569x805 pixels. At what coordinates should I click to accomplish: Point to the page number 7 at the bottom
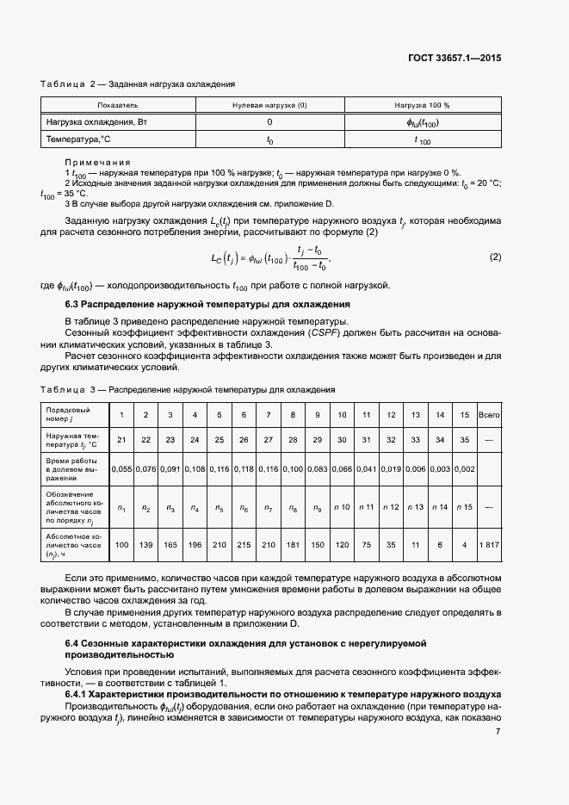tap(498, 731)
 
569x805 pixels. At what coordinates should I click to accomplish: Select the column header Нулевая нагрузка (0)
tap(269, 105)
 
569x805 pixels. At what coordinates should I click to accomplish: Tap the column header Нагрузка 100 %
tap(422, 105)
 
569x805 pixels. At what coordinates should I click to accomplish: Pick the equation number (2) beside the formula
tap(494, 257)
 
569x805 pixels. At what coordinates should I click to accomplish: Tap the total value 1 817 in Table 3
tap(489, 544)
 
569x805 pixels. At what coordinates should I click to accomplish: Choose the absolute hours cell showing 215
tap(244, 544)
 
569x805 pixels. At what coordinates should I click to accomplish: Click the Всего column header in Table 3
tap(489, 415)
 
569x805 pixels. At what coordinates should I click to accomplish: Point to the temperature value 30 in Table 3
tap(342, 441)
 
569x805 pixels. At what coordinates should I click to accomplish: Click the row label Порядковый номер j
tap(69, 415)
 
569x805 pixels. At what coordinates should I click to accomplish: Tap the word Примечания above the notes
tap(97, 162)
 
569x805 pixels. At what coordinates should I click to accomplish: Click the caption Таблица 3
tap(72, 390)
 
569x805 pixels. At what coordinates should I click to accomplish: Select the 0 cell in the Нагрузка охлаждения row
tap(269, 122)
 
